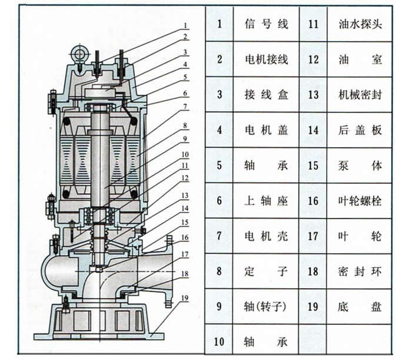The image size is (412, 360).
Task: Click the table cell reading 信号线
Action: tap(266, 24)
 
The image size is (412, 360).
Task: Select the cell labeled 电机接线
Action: tap(266, 60)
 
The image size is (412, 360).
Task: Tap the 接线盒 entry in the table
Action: tap(266, 95)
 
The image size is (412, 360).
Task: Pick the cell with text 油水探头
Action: tap(360, 24)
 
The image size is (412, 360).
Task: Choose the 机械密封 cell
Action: tap(360, 95)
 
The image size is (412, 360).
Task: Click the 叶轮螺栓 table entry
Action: tap(360, 201)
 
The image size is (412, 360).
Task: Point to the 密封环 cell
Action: tap(360, 272)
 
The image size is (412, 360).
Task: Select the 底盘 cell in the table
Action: tap(360, 307)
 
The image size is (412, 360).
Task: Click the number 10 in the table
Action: tap(220, 341)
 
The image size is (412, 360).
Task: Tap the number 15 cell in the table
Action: tap(313, 166)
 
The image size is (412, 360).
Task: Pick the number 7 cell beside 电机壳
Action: tap(220, 236)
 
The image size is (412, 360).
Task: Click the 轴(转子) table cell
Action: tap(266, 307)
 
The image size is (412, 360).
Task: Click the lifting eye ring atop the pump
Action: tap(79, 54)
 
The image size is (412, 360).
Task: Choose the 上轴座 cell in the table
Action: tap(266, 201)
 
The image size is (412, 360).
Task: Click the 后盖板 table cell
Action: tap(360, 130)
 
